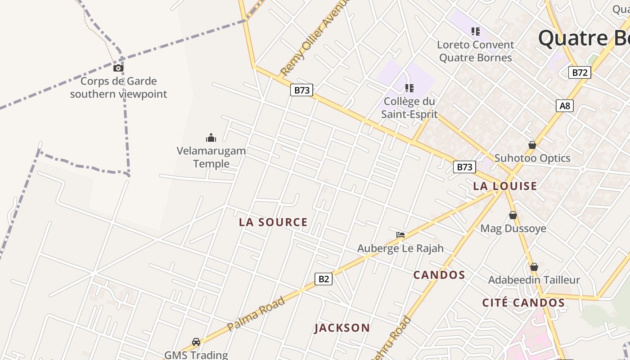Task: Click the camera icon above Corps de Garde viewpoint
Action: point(118,68)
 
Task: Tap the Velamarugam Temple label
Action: point(211,157)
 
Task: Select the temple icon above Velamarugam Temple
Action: point(211,138)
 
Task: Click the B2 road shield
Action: point(324,279)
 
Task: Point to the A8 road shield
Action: point(564,106)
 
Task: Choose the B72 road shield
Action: point(579,72)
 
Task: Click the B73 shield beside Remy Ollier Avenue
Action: point(301,90)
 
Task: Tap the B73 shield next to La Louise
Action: point(464,167)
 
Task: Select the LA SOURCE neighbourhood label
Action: point(273,222)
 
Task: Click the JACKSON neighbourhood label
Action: point(342,328)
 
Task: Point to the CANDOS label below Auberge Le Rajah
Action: point(439,275)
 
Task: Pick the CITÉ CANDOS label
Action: point(523,303)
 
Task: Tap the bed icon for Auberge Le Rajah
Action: point(400,235)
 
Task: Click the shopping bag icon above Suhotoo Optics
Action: point(532,145)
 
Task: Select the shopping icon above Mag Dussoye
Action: point(513,215)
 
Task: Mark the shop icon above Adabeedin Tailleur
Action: point(534,267)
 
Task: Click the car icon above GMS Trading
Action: point(196,342)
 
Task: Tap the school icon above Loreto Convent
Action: point(476,31)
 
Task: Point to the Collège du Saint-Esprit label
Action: point(409,108)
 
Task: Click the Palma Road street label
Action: point(256,314)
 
